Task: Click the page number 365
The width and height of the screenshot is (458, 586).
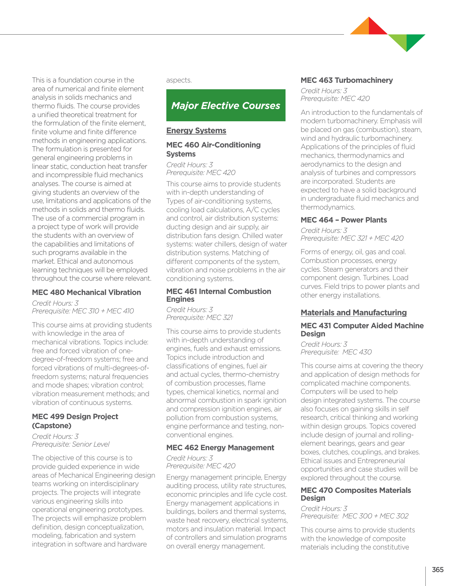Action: point(438,570)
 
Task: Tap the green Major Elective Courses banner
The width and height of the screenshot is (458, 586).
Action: point(226,105)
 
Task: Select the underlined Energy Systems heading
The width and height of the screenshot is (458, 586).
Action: point(196,131)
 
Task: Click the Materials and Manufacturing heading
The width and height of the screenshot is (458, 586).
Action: point(354,313)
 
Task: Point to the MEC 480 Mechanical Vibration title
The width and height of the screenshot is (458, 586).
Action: point(86,292)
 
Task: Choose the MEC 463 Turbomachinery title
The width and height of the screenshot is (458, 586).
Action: point(347,80)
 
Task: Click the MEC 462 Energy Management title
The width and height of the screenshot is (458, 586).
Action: point(220,448)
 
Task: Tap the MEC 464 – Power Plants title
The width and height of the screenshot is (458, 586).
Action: point(344,220)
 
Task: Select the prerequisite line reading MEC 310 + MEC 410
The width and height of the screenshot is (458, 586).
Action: point(83,311)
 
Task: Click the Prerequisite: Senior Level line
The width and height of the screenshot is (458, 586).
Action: point(70,444)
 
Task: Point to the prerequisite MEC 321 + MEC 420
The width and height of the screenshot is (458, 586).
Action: point(352,238)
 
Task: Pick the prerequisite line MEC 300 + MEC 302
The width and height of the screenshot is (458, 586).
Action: point(354,516)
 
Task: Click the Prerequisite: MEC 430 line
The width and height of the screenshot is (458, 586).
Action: point(336,352)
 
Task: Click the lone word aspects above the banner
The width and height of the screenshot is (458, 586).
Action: point(179,80)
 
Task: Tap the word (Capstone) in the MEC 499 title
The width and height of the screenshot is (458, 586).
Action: point(51,426)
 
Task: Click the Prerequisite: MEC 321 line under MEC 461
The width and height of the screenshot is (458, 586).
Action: point(199,318)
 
